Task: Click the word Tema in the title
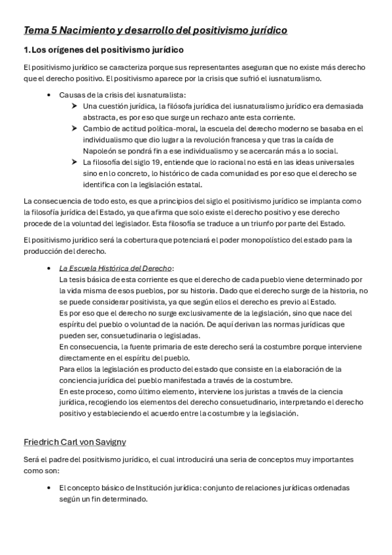pos(35,30)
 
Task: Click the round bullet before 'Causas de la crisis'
pos(50,94)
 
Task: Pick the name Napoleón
pos(100,151)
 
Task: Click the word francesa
pos(252,140)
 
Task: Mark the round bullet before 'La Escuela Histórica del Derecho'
pos(50,268)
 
